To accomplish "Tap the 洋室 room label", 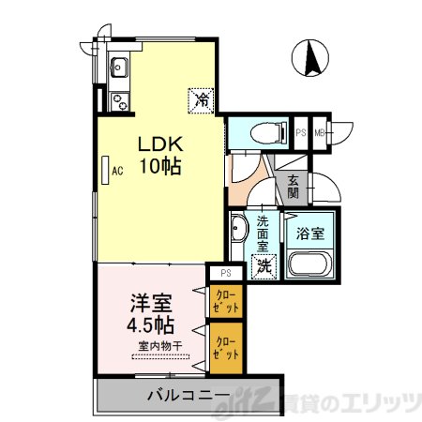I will [x=150, y=306].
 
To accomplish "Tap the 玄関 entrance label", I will [x=294, y=187].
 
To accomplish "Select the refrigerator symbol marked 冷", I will [x=201, y=97].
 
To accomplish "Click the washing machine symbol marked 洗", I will [x=265, y=266].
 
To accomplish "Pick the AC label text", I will [x=118, y=171].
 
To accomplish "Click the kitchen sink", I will [x=119, y=67].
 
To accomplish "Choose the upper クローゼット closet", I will [x=226, y=301].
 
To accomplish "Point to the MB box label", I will [x=320, y=131].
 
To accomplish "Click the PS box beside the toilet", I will [x=301, y=131].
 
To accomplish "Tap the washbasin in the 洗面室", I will [x=239, y=231].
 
